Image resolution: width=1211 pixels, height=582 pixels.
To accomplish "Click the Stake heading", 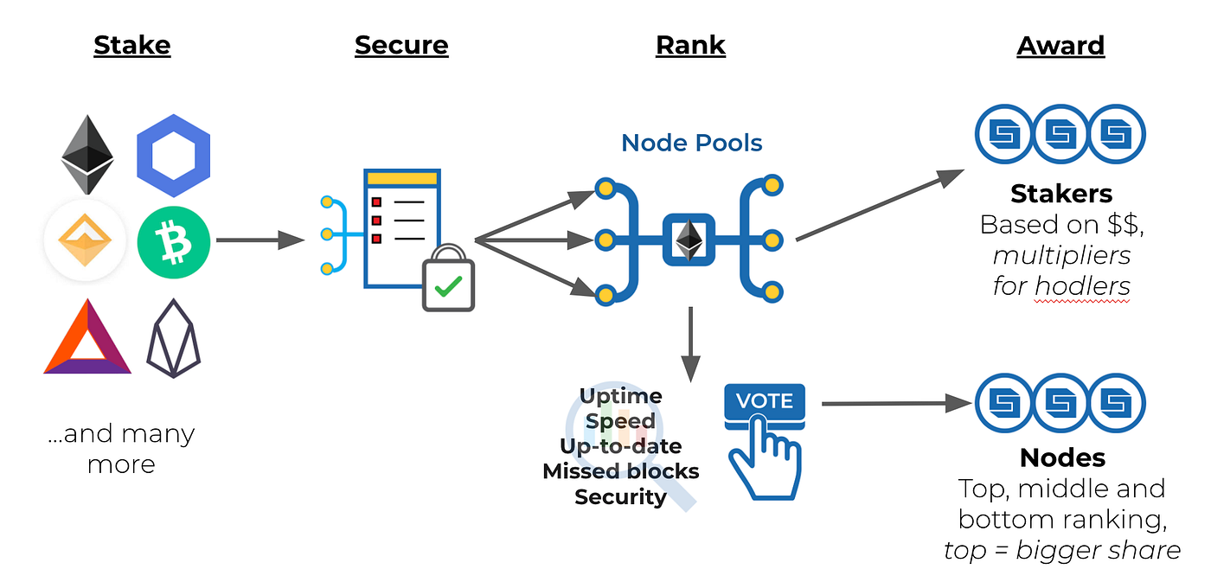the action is click(131, 45).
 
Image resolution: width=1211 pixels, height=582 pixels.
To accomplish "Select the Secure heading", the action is click(401, 45).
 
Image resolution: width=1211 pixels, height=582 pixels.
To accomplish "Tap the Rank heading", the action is click(690, 45).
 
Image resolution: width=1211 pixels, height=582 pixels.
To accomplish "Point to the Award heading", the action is click(1060, 45).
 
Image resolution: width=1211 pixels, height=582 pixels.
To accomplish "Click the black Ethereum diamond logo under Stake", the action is click(87, 155).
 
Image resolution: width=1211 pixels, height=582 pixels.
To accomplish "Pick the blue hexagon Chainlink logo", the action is click(174, 156).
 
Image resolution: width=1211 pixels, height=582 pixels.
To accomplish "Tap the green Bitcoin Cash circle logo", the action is click(174, 242).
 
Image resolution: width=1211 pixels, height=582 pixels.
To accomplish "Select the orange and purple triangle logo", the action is click(87, 336).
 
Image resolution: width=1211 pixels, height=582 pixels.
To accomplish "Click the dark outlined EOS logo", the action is click(174, 338).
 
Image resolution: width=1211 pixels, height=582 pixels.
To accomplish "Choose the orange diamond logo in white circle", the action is click(86, 240).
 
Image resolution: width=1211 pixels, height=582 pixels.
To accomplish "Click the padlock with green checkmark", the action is click(448, 278).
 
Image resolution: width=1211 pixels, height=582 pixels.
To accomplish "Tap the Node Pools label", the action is click(691, 144).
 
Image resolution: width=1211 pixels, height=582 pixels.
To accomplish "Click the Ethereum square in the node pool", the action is click(689, 240).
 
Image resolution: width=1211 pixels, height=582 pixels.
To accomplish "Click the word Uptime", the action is click(621, 397).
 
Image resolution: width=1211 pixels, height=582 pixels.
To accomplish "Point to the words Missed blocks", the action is click(621, 471).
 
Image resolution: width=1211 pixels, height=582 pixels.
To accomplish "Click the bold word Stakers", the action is click(1061, 194).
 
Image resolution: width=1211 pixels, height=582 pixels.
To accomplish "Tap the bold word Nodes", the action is click(1062, 458).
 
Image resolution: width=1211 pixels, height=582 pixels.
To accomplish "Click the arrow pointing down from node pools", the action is click(691, 345).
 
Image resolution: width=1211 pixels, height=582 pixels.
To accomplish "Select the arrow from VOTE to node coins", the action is click(896, 403).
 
